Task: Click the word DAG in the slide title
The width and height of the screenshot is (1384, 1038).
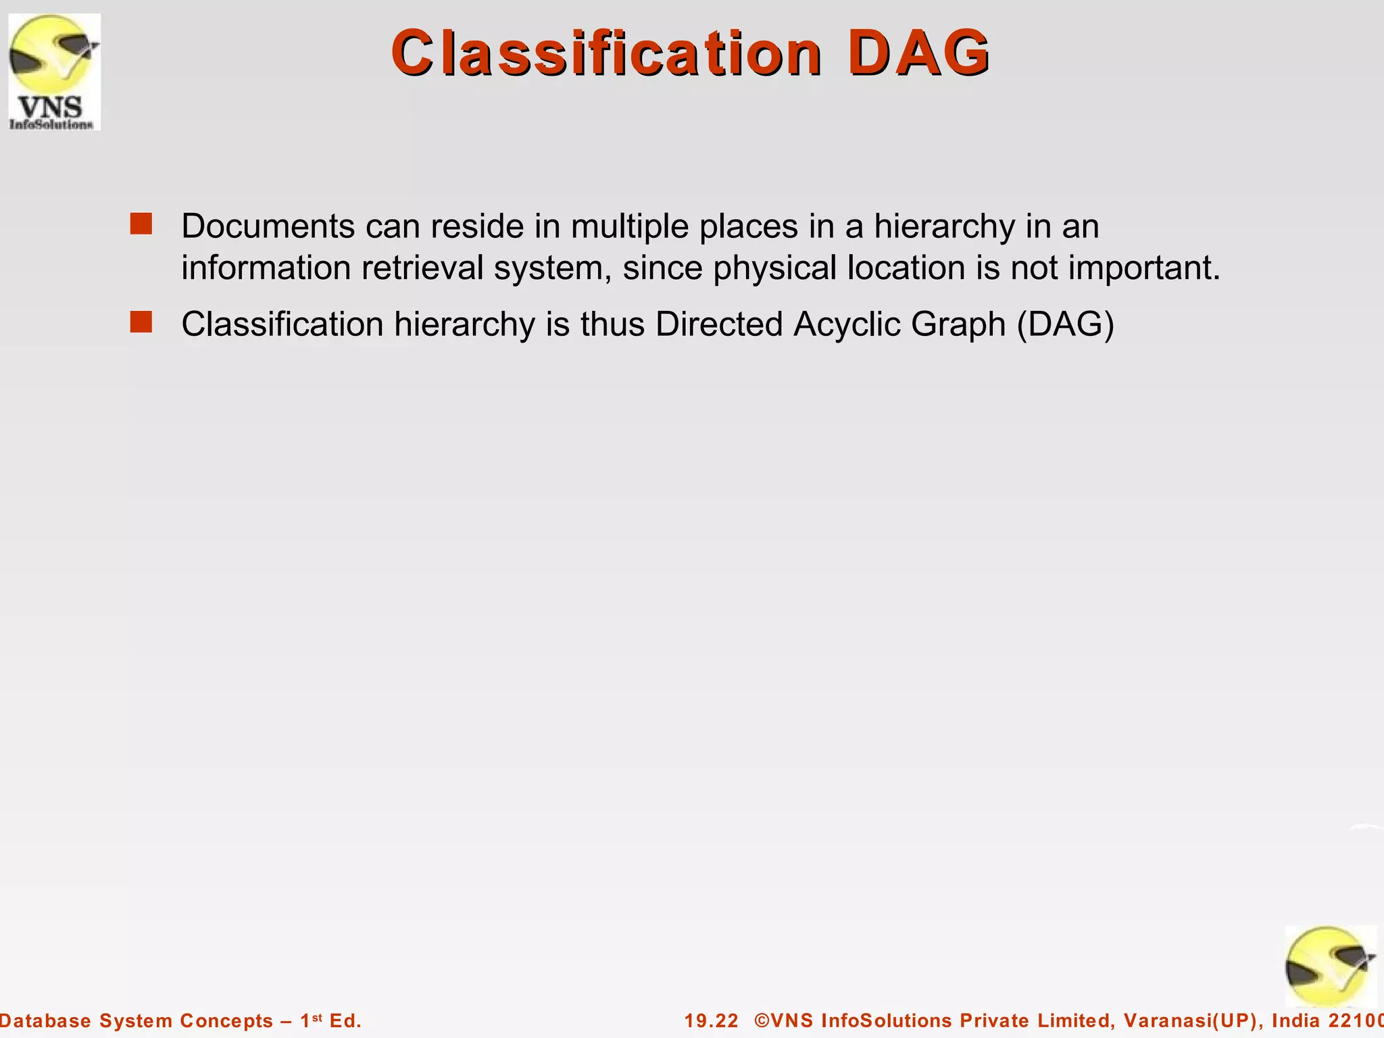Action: [919, 53]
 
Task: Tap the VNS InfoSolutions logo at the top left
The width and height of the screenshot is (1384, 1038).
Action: [54, 72]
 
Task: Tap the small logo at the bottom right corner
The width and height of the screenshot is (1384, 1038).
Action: [1330, 966]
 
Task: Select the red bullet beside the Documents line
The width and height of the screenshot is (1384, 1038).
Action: [141, 224]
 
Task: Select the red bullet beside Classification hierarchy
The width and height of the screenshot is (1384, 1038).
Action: [141, 322]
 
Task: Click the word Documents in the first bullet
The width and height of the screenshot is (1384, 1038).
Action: [268, 226]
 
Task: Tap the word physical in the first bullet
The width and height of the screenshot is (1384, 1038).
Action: [774, 268]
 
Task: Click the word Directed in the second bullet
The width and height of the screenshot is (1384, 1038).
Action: [718, 324]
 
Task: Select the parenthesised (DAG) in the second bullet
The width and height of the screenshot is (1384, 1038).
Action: [1065, 324]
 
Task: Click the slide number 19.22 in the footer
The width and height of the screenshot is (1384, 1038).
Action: [712, 1020]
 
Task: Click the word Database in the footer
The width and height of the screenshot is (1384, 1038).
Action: [45, 1020]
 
